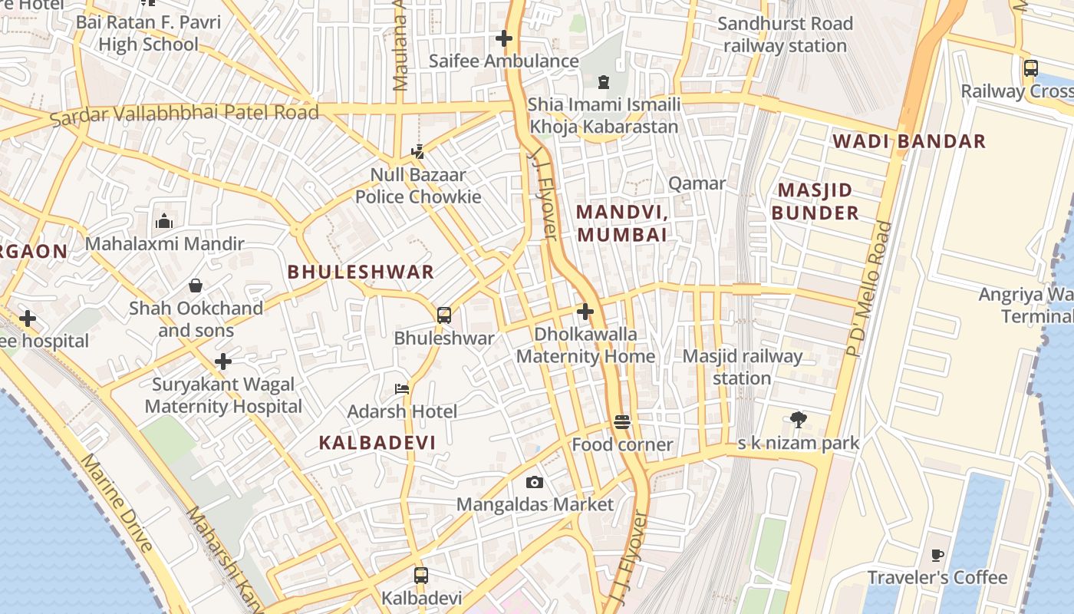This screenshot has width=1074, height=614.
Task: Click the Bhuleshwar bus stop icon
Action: [x=443, y=315]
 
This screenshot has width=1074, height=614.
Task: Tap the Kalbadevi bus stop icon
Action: [x=420, y=575]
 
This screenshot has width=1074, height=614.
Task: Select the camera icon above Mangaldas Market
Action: [x=535, y=482]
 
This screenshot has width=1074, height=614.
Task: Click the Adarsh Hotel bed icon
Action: [x=401, y=388]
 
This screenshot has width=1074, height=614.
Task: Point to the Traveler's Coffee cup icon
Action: [x=937, y=555]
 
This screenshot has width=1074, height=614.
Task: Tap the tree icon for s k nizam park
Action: [x=798, y=419]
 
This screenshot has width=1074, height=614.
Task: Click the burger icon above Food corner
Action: [x=621, y=421]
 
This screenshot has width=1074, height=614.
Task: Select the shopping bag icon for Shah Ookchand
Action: [x=196, y=286]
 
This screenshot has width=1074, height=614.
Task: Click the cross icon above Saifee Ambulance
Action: [x=503, y=38]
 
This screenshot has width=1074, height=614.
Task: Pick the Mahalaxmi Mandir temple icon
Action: [x=164, y=222]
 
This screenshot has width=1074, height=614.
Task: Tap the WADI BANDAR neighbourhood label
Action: [x=909, y=141]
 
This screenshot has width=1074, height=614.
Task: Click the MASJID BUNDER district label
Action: [x=815, y=201]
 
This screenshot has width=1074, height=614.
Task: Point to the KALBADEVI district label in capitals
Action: [x=377, y=442]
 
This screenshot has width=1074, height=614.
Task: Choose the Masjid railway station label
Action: [x=742, y=367]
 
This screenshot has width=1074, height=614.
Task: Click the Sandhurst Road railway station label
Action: [x=785, y=35]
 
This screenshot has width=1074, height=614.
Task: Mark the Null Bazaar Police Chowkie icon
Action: [x=417, y=151]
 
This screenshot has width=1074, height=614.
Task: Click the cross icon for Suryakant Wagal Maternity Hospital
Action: [x=223, y=361]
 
